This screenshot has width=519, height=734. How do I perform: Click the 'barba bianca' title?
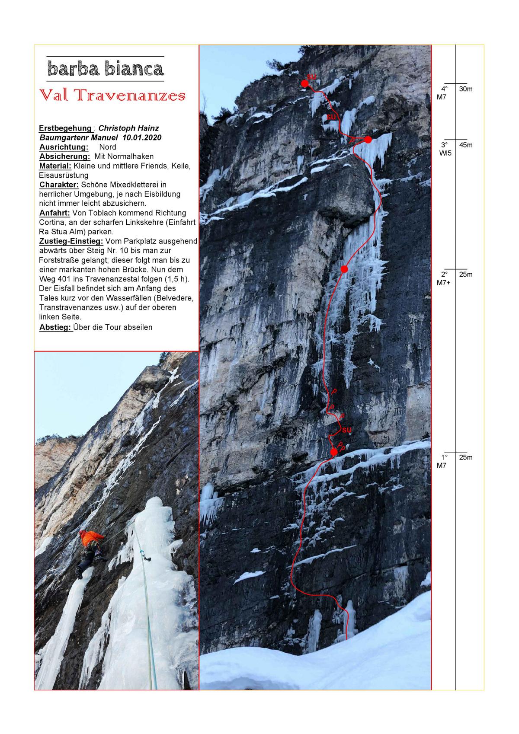[x=106, y=69]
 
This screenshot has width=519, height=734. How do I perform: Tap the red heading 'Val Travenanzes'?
[x=112, y=96]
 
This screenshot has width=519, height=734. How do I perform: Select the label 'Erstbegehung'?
[x=65, y=128]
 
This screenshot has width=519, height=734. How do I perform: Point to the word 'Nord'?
[x=107, y=147]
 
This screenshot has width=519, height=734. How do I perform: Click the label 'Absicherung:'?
[x=64, y=156]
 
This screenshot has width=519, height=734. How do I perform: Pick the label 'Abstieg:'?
[x=55, y=327]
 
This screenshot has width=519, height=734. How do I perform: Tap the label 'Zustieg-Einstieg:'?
[x=71, y=241]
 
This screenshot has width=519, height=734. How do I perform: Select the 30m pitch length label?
[x=466, y=89]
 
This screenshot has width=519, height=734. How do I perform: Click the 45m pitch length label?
[x=466, y=145]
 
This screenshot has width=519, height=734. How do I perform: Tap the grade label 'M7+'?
[x=445, y=283]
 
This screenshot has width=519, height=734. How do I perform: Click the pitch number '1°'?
[x=444, y=457]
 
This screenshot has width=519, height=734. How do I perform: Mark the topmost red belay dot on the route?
[x=305, y=83]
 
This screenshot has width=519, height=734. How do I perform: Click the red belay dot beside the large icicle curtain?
[x=368, y=139]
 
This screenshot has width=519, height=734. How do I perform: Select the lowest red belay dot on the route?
[x=333, y=452]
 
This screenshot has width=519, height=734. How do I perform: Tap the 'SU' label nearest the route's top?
[x=312, y=77]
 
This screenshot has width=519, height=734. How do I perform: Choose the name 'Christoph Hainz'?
[x=128, y=128]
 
